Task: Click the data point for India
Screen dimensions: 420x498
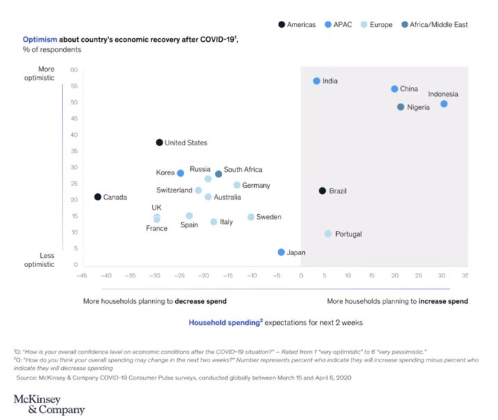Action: pyautogui.click(x=317, y=81)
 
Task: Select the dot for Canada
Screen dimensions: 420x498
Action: pyautogui.click(x=98, y=197)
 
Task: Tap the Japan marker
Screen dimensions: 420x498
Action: pyautogui.click(x=281, y=252)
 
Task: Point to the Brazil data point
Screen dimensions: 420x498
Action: pyautogui.click(x=322, y=191)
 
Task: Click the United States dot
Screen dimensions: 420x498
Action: pyautogui.click(x=159, y=143)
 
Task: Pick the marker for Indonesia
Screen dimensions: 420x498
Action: pyautogui.click(x=444, y=104)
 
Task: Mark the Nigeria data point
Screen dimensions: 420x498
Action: pyautogui.click(x=401, y=107)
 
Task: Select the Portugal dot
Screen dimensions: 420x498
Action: pyautogui.click(x=328, y=234)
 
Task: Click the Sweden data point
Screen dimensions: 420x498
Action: pyautogui.click(x=251, y=217)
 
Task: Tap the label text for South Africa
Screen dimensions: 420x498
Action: pyautogui.click(x=243, y=170)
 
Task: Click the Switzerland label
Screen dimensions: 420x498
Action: pyautogui.click(x=174, y=191)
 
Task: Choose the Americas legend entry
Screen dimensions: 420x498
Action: pyautogui.click(x=299, y=24)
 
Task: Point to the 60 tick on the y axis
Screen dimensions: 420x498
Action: pyautogui.click(x=74, y=70)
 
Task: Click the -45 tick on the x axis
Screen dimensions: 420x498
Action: pyautogui.click(x=81, y=275)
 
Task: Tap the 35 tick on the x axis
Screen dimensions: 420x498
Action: pyautogui.click(x=465, y=275)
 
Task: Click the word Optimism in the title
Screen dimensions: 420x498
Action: pyautogui.click(x=39, y=40)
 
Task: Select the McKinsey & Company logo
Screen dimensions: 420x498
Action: pyautogui.click(x=49, y=404)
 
